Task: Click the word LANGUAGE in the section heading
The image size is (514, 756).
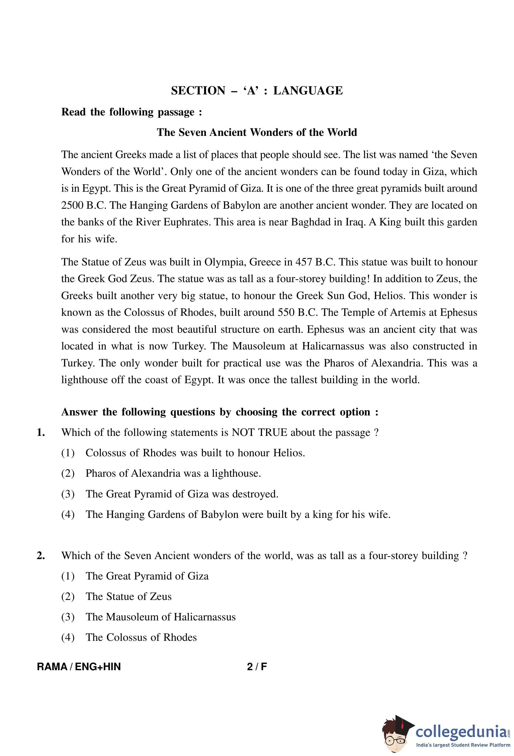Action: tap(308, 90)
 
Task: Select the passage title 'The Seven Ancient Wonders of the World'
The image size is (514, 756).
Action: tap(257, 132)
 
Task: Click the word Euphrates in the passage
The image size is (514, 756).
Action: tap(186, 222)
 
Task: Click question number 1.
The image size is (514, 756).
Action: tap(41, 433)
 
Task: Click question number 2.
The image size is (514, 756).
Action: tap(41, 556)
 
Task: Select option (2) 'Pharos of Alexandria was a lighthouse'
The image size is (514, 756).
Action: tap(173, 473)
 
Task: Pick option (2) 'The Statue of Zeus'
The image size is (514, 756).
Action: tap(128, 596)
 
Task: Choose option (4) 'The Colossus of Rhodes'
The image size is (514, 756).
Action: tap(141, 637)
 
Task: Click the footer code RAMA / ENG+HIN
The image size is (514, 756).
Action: tap(79, 666)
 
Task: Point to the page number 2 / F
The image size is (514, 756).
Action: tap(257, 666)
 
